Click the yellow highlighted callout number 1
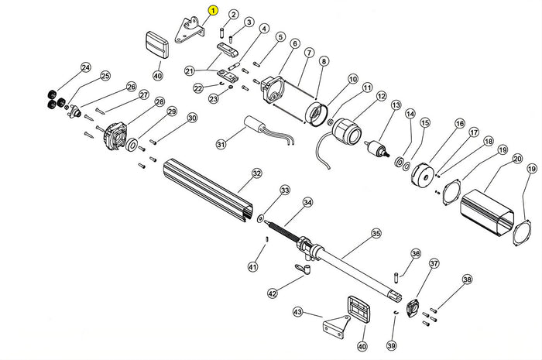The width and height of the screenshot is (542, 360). click(213, 10)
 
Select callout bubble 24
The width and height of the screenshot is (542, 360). click(85, 67)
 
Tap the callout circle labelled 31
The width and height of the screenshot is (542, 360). click(221, 145)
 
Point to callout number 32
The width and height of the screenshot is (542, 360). click(256, 174)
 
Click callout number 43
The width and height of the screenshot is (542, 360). click(297, 312)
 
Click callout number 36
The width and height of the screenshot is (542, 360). click(415, 253)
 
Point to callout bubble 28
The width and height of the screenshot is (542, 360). click(160, 101)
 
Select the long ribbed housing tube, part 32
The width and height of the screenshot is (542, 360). click(205, 187)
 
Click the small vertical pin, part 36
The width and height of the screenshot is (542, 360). click(396, 274)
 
